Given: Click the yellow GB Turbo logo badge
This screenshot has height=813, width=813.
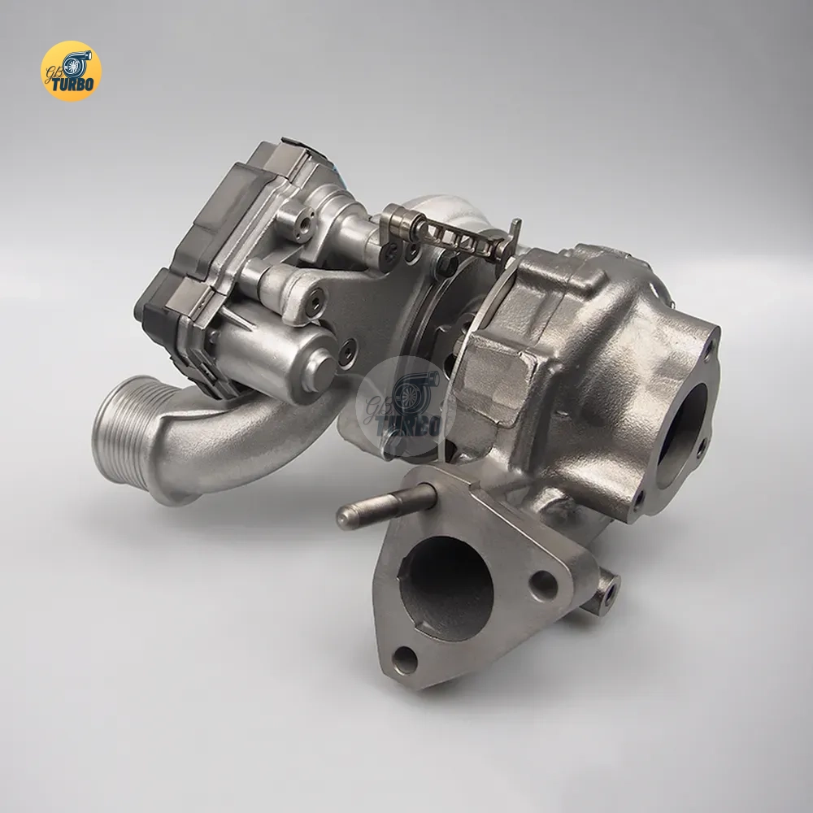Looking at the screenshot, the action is pos(71,71).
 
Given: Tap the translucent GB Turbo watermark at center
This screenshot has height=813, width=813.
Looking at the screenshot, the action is pos(406,407).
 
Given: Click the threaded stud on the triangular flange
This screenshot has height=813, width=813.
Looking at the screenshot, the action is pos(386,503).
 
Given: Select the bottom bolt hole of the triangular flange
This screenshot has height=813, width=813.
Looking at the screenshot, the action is pos(404,659).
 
